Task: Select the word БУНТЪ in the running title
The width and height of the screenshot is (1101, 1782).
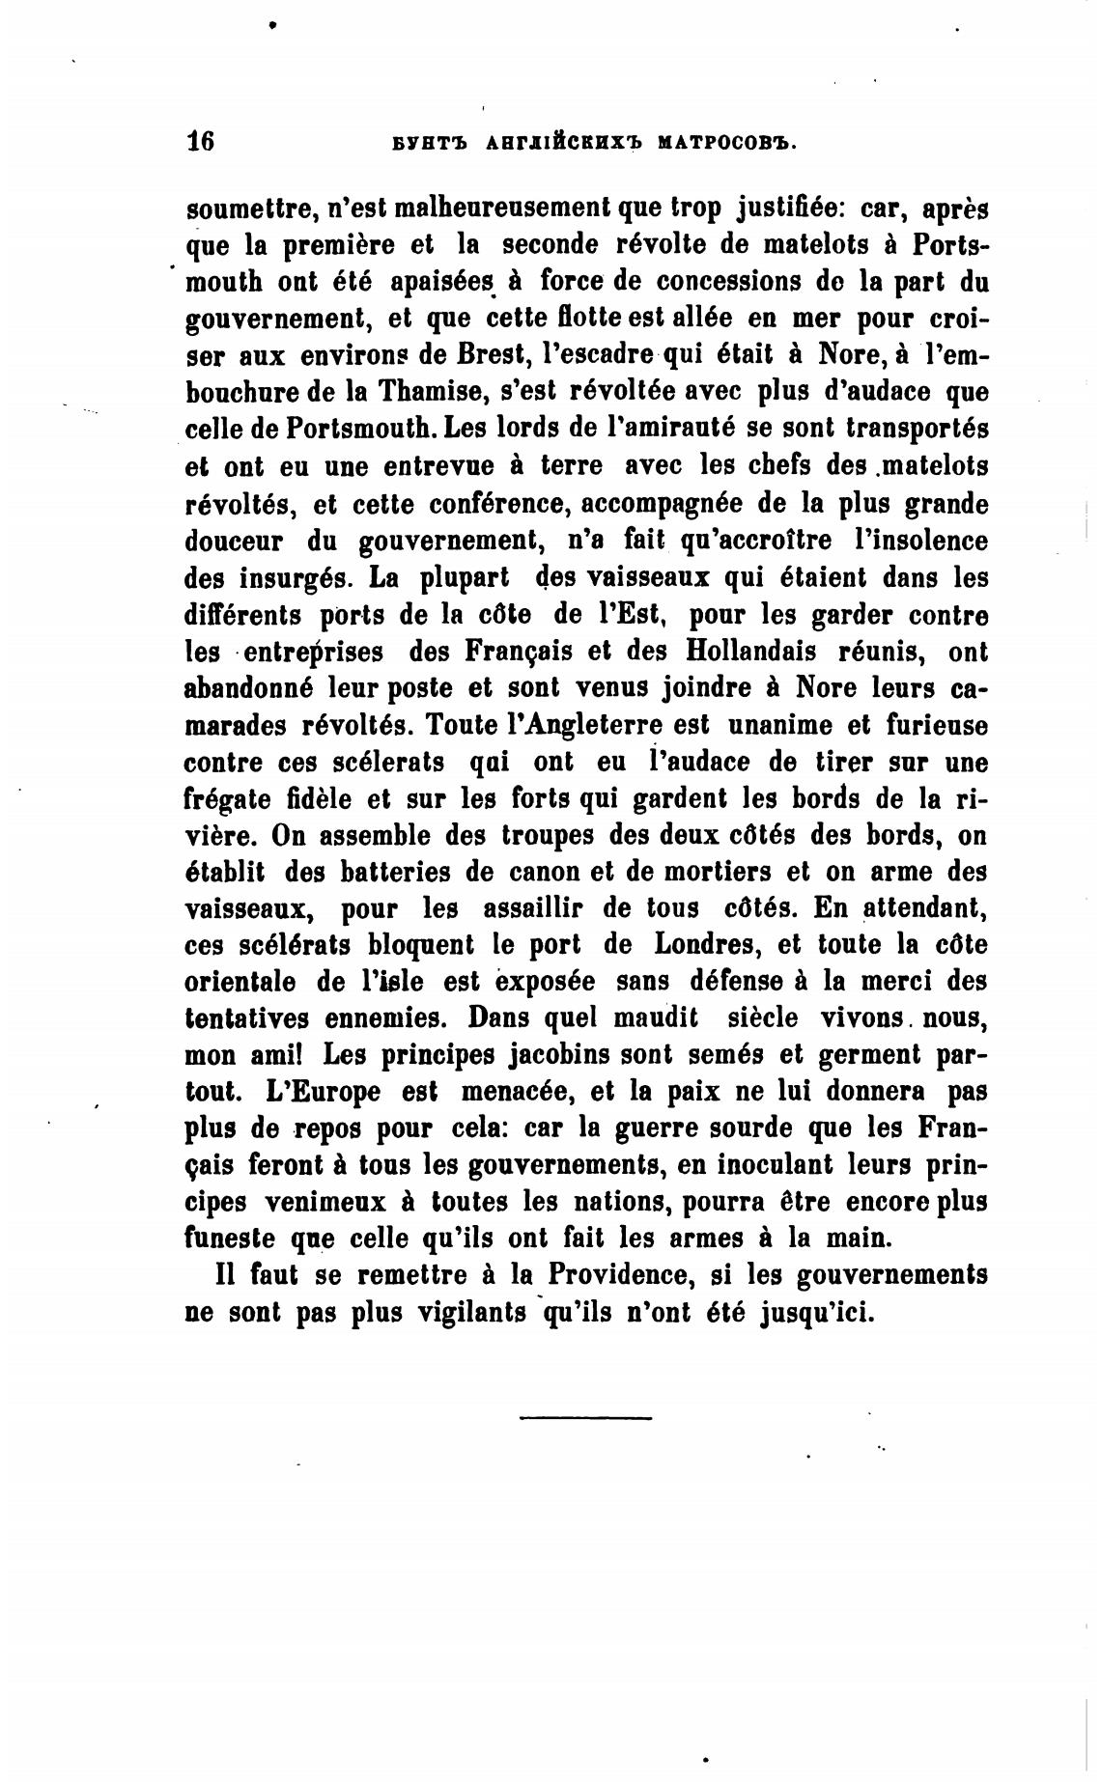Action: click(x=429, y=143)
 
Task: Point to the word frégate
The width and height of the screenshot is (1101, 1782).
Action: click(x=231, y=799)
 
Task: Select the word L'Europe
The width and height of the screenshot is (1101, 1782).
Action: click(x=322, y=1092)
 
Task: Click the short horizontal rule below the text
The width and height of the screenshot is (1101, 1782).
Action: click(x=585, y=1418)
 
